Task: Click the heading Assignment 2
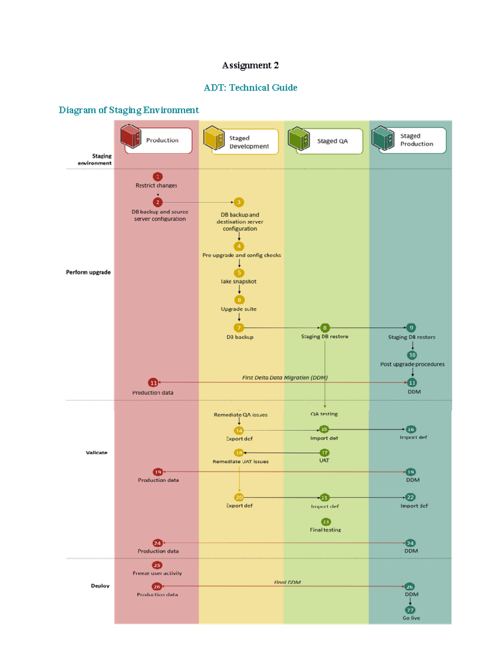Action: click(x=250, y=66)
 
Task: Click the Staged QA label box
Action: click(x=332, y=141)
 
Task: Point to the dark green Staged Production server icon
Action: click(x=383, y=138)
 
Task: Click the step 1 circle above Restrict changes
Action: click(x=157, y=176)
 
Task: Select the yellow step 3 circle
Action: click(x=239, y=202)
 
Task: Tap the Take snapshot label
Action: click(x=239, y=282)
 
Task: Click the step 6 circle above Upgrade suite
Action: click(x=239, y=300)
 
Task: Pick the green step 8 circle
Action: click(x=324, y=328)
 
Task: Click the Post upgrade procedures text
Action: click(x=412, y=364)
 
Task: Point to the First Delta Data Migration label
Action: click(x=285, y=378)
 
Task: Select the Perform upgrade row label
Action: click(x=88, y=272)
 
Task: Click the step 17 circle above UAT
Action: click(x=324, y=453)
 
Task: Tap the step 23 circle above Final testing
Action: click(x=326, y=522)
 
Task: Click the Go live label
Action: click(x=411, y=618)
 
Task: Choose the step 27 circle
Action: click(x=410, y=610)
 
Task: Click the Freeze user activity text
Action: click(x=157, y=573)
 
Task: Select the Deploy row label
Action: click(x=100, y=586)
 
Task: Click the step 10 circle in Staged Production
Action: click(x=412, y=355)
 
